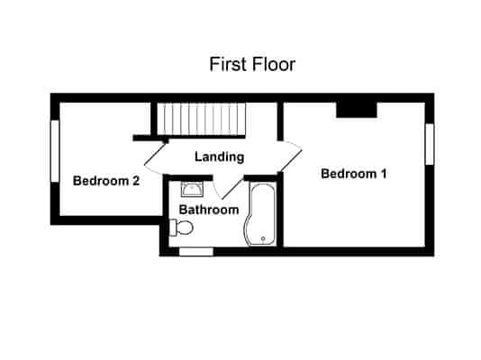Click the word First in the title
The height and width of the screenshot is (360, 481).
point(228,65)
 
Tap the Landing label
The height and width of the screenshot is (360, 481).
point(219,157)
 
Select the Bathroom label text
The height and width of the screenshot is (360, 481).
point(208,210)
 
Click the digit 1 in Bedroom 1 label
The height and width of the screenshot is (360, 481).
point(383,174)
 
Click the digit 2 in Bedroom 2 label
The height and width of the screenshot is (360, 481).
point(135,180)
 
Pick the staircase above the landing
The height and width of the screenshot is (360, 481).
point(202,118)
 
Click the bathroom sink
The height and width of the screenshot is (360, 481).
point(192,188)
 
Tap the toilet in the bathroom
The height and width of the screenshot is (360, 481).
point(178,229)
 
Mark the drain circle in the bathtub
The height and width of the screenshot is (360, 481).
point(262,238)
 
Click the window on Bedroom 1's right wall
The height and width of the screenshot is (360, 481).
point(430,144)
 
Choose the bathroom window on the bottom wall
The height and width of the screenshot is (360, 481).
point(195,251)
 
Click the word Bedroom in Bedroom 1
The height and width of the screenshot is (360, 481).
point(347,174)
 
